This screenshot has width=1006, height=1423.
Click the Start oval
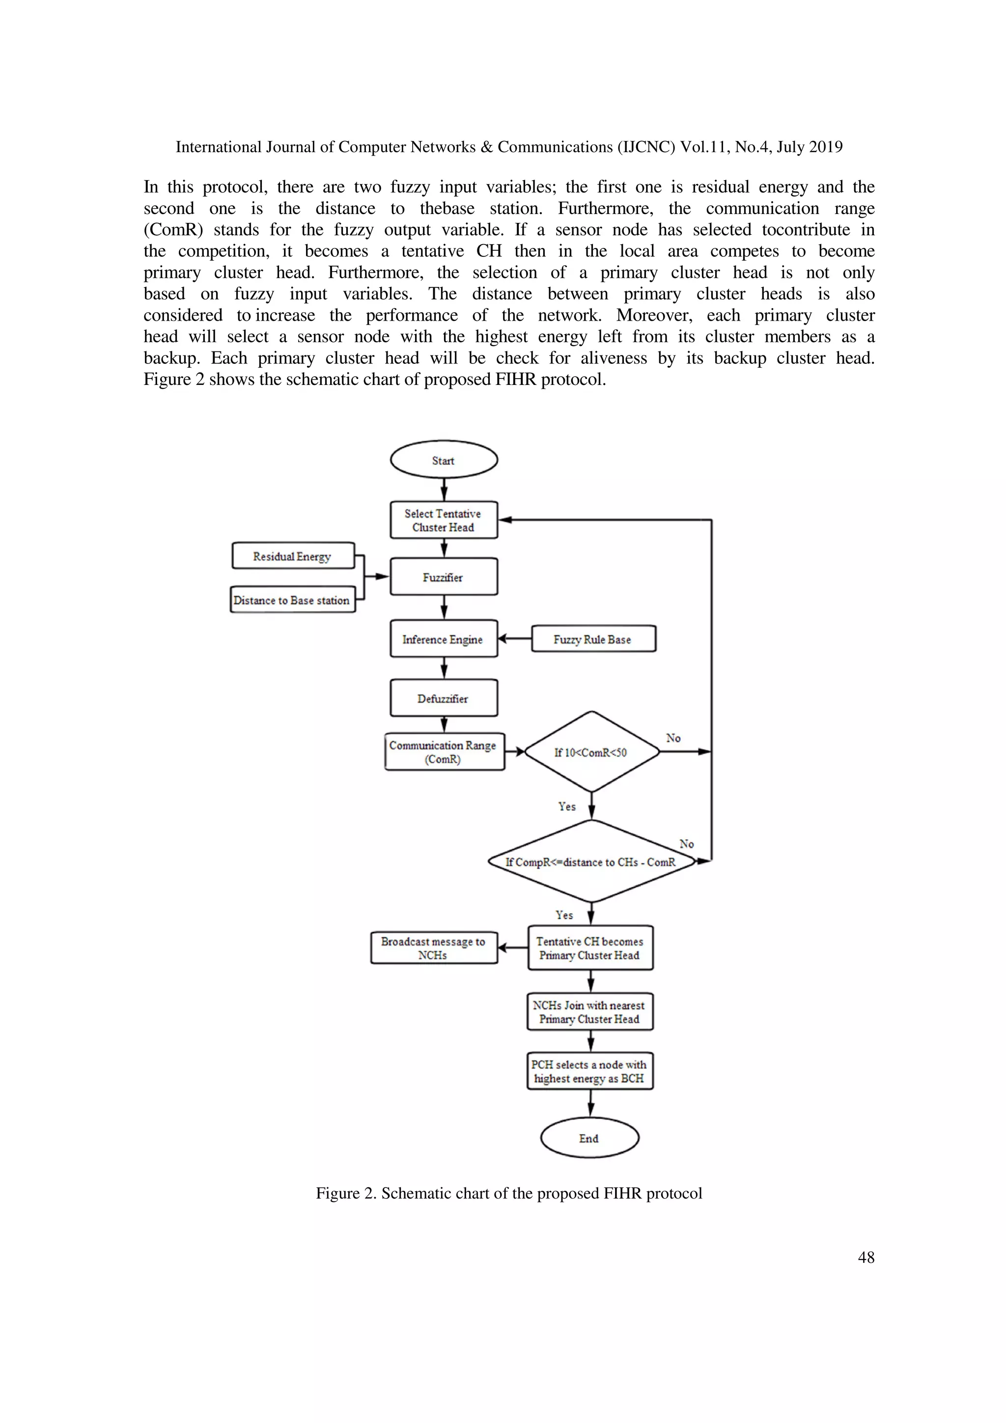[443, 460]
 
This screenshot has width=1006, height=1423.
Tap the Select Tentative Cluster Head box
[443, 520]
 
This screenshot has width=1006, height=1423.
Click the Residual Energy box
[293, 556]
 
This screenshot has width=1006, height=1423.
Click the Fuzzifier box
[443, 577]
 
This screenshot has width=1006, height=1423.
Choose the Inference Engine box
[443, 639]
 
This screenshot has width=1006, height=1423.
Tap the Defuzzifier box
[443, 698]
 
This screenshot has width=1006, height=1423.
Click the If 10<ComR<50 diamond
[591, 752]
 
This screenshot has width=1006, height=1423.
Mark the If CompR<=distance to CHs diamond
[591, 861]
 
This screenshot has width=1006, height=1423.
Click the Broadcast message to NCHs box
[433, 948]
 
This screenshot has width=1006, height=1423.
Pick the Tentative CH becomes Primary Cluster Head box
[589, 948]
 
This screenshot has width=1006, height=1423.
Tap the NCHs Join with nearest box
[589, 1012]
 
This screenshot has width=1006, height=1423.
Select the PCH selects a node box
[589, 1071]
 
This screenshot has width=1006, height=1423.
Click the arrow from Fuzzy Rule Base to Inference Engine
[514, 639]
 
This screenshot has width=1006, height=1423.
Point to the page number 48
[866, 1257]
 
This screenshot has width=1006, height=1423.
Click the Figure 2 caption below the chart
[509, 1193]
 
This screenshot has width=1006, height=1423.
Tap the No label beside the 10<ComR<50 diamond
[673, 738]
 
